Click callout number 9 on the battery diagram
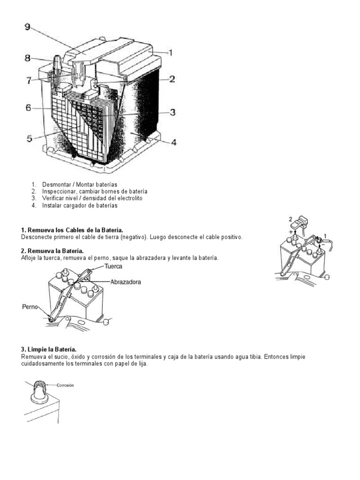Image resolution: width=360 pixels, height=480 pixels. tap(27, 27)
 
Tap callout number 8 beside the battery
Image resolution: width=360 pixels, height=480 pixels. tap(28, 59)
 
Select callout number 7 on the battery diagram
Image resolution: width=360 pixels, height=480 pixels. tap(29, 81)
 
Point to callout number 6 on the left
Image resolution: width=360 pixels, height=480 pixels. tap(28, 108)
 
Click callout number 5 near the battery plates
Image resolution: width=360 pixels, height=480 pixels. tap(29, 138)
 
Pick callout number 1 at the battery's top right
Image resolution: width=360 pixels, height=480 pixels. tap(171, 53)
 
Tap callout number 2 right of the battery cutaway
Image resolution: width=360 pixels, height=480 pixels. tap(172, 79)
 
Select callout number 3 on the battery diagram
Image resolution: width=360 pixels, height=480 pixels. tap(172, 112)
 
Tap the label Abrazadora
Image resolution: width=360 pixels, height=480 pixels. tap(126, 282)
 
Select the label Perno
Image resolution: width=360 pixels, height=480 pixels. tap(29, 307)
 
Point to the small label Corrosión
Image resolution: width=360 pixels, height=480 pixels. tap(65, 385)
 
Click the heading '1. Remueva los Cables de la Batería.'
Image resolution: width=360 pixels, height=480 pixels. tap(72, 230)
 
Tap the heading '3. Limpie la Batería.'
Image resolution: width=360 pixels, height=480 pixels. tap(49, 350)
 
